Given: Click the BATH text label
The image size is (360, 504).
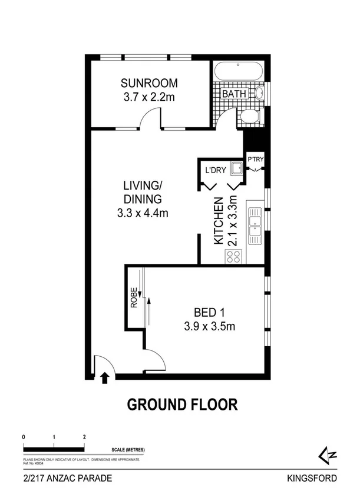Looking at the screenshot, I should tap(234, 94).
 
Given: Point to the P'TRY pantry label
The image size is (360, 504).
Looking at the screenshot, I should tap(255, 160).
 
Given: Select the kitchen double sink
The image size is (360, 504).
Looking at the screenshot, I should tap(255, 226).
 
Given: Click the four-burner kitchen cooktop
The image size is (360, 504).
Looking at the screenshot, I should tap(233, 256).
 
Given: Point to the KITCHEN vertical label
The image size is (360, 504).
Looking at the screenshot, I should tap(217, 221).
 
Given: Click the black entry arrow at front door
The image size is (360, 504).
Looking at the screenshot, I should tap(105, 377).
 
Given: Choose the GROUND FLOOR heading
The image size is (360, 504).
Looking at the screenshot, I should tap(183, 404).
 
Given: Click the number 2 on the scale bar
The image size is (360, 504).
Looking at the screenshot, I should tap(85, 437).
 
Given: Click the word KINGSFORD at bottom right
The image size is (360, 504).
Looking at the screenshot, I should tap(313, 479).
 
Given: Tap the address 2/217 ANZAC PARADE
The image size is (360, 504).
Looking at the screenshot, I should tap(66, 479).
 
